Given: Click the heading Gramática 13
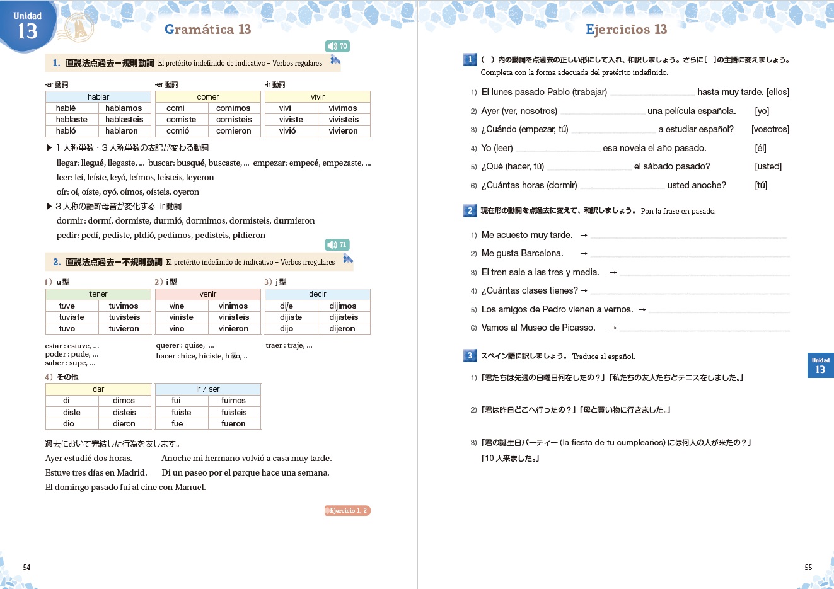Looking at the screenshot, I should coord(207,30).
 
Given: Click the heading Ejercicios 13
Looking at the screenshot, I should coord(626,30).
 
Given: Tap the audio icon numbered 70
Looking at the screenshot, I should coord(337,46).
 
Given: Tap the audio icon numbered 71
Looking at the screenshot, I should coord(337,244).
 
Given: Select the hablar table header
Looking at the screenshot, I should coord(98,97).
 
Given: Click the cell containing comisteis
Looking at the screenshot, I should coord(234,120).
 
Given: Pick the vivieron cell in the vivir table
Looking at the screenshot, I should coord(343,131).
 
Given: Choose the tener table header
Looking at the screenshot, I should coord(98,294).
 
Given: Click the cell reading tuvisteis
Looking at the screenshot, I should coord(124,317).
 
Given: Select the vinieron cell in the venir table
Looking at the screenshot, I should coord(234,329).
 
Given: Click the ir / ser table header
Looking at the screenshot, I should coord(208,389).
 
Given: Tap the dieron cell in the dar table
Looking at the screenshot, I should coord(124,424).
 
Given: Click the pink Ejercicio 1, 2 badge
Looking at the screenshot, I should coord(347,511).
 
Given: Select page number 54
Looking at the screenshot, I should coord(26,568).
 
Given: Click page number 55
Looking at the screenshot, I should coord(808,568).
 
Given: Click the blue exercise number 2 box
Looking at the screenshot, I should coord(470,210).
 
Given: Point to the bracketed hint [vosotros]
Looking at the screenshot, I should coord(770,129).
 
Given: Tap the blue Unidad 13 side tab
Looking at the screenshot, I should coord(820,365).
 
